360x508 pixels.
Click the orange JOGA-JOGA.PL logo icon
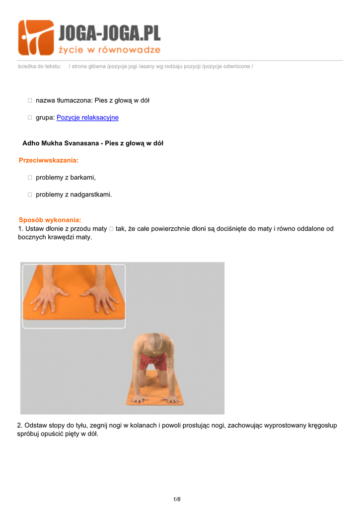coord(36,37)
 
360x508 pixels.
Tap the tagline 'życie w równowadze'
coord(109,50)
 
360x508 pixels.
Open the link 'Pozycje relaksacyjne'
coord(87,118)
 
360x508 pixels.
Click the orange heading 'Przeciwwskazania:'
coord(49,160)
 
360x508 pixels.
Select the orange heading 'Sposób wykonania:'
coord(50,220)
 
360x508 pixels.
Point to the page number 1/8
coord(177,499)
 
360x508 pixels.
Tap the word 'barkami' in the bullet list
coord(83,177)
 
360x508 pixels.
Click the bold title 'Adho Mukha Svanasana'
coord(60,143)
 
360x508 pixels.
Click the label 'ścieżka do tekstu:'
coord(39,66)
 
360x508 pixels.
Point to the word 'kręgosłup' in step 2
coord(324,426)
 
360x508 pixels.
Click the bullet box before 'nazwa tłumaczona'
coord(30,101)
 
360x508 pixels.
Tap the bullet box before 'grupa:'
coord(30,118)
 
